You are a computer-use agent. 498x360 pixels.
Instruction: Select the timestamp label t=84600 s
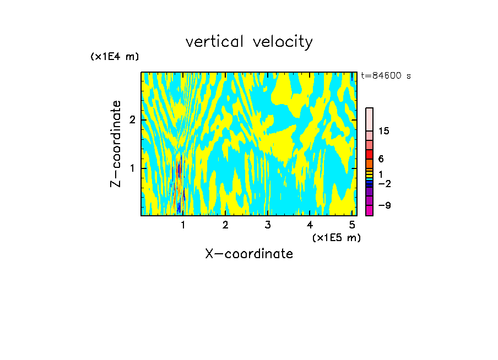click(x=386, y=76)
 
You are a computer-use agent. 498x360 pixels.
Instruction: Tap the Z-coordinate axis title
click(x=116, y=144)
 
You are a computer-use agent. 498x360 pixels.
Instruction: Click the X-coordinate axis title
click(x=249, y=254)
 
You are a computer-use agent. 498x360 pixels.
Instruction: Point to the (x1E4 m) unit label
click(x=115, y=57)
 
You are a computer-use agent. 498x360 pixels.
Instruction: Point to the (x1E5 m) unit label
click(x=336, y=237)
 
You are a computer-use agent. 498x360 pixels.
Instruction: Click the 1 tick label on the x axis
click(x=183, y=225)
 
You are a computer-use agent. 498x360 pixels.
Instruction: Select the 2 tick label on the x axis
click(x=225, y=225)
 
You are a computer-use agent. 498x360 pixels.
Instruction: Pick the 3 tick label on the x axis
click(x=267, y=225)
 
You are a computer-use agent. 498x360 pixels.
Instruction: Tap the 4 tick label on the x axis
click(x=310, y=225)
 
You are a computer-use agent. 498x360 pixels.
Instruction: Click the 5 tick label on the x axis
click(x=352, y=225)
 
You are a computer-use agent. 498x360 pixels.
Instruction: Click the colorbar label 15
click(x=384, y=131)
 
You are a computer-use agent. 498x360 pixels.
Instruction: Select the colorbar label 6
click(x=381, y=159)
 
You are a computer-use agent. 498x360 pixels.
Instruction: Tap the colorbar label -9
click(x=383, y=205)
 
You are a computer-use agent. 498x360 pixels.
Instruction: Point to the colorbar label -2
click(x=383, y=183)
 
